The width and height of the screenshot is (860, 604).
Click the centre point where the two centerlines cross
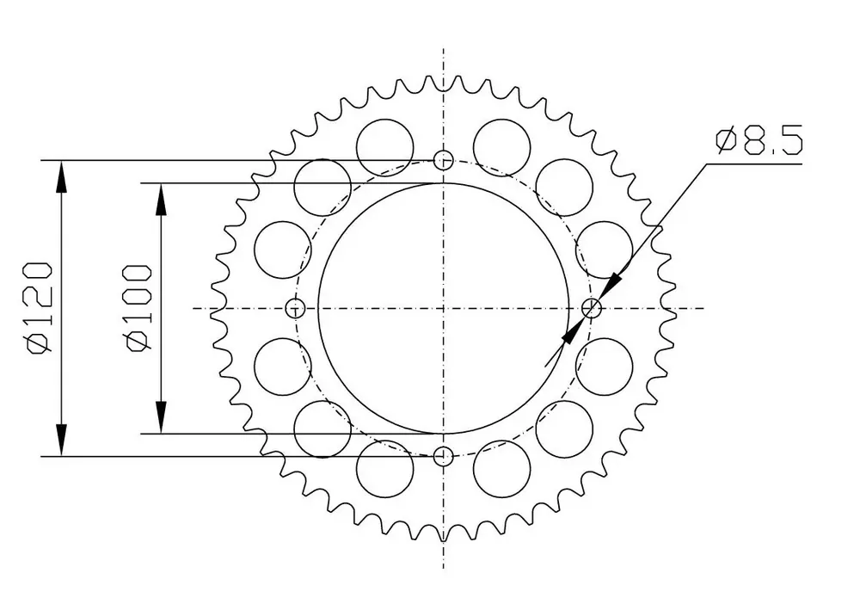[443, 308]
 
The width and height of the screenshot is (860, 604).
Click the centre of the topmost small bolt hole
[443, 160]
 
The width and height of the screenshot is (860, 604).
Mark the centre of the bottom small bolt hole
[443, 455]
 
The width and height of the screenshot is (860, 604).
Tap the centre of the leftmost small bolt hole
[296, 308]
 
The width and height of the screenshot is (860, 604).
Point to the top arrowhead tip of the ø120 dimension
[61, 161]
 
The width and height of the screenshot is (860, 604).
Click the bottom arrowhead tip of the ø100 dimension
[161, 434]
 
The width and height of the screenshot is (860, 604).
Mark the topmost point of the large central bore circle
[443, 183]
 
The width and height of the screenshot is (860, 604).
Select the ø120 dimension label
[39, 307]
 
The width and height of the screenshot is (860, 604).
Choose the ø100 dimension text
[138, 308]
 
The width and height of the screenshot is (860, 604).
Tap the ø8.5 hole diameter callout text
[759, 140]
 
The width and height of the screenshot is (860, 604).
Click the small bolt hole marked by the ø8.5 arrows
[592, 308]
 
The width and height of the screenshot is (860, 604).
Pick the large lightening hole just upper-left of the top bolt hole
[384, 148]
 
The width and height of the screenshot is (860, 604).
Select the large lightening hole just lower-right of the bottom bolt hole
[502, 469]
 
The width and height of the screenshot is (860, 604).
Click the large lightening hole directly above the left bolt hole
[283, 250]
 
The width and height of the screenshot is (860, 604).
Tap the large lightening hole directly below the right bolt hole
[604, 367]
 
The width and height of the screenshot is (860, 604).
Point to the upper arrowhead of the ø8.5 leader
[611, 287]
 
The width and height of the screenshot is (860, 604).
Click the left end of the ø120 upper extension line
[41, 161]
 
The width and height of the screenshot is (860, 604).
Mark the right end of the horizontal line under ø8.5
[802, 163]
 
